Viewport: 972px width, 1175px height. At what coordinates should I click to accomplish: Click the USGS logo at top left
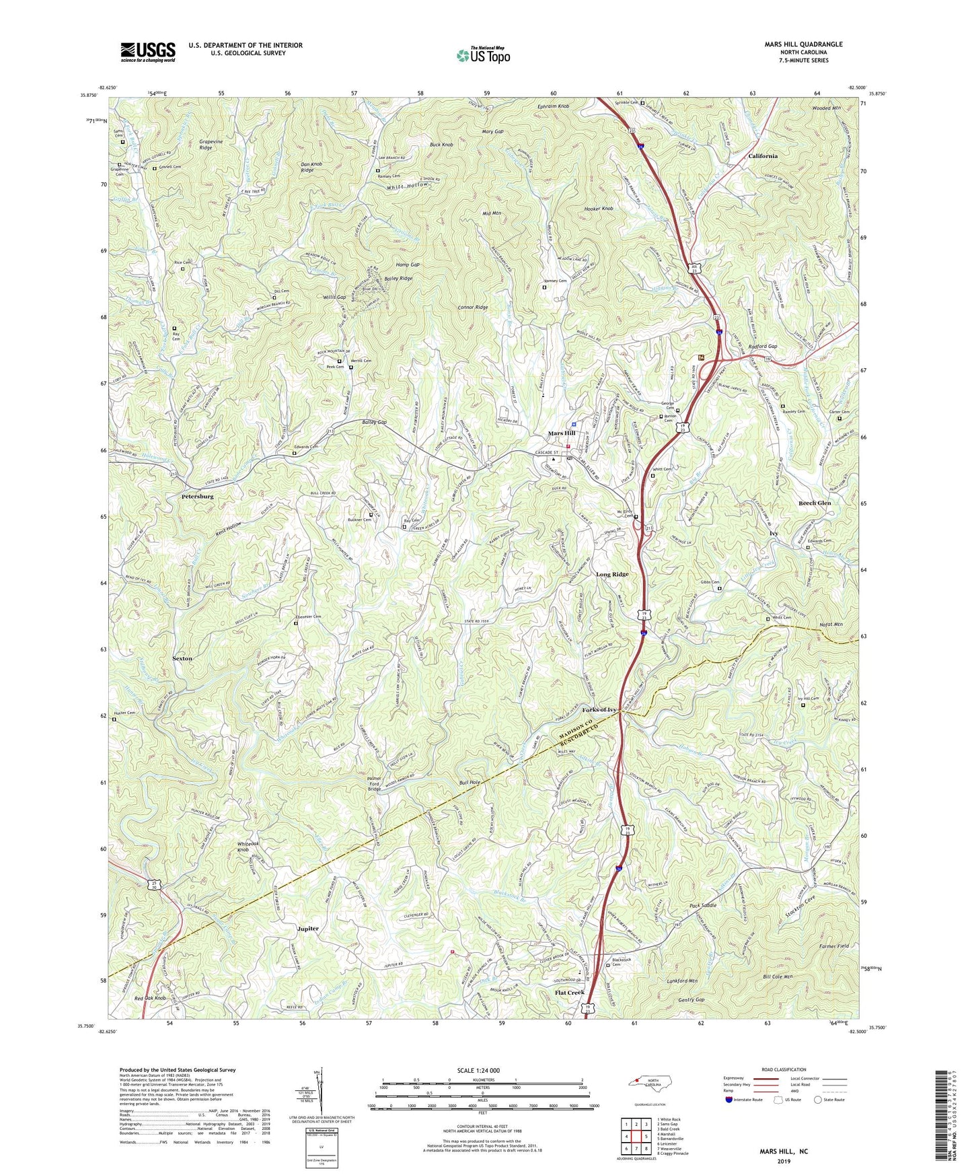pyautogui.click(x=148, y=52)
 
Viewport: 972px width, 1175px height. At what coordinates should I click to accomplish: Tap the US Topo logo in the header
pyautogui.click(x=482, y=55)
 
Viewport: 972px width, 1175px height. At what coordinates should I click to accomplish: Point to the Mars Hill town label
pyautogui.click(x=560, y=433)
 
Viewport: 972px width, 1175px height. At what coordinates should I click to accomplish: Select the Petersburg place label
pyautogui.click(x=197, y=497)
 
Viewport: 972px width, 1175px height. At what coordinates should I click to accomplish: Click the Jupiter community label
pyautogui.click(x=308, y=929)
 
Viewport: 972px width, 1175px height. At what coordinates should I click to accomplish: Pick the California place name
pyautogui.click(x=763, y=155)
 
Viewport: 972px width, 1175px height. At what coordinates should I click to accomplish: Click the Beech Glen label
pyautogui.click(x=815, y=503)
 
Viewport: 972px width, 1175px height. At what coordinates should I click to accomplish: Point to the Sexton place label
pyautogui.click(x=182, y=659)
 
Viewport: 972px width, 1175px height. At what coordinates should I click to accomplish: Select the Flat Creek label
pyautogui.click(x=569, y=993)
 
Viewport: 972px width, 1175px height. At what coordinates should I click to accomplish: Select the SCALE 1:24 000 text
pyautogui.click(x=478, y=1071)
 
